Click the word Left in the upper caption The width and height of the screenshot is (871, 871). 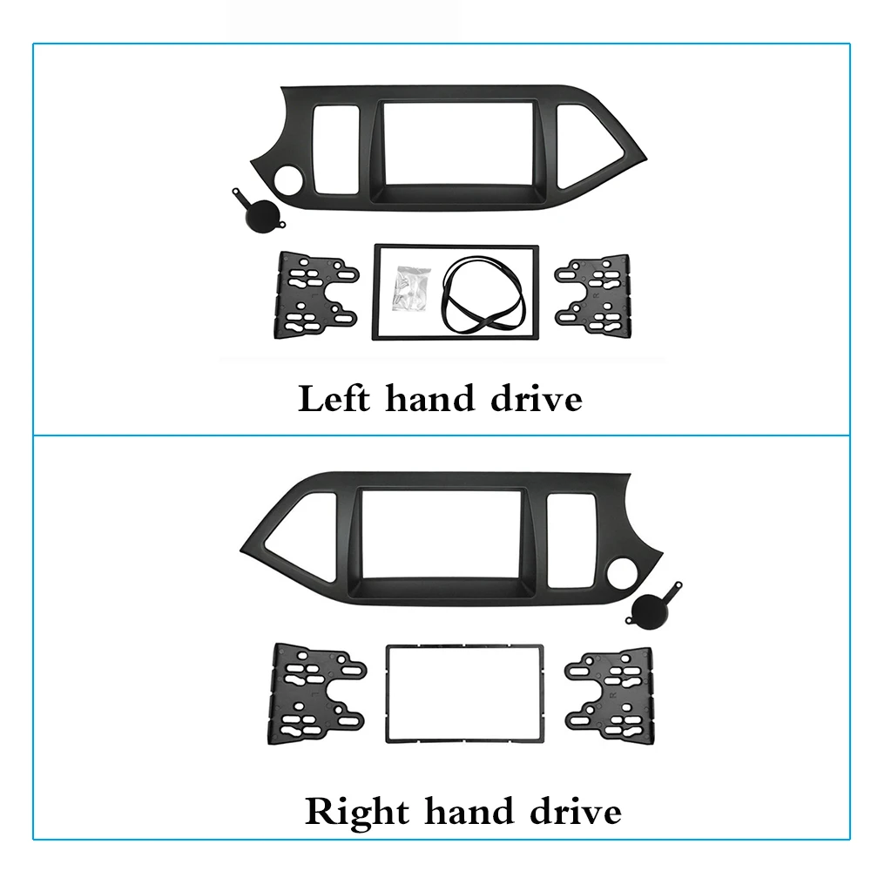pyautogui.click(x=335, y=400)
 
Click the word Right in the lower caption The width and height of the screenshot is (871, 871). pyautogui.click(x=356, y=812)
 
